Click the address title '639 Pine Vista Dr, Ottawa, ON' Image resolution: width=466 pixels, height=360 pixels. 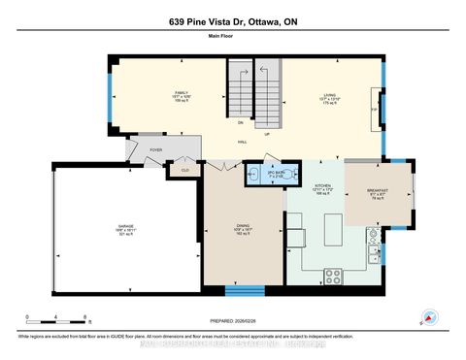point(233,23)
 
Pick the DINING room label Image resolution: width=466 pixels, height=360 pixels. point(243,229)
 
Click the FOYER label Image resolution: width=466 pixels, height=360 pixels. point(155,150)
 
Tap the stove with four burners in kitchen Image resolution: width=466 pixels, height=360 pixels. point(332,276)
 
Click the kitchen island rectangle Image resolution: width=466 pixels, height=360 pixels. point(331,235)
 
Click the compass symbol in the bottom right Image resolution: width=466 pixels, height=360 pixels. point(427,315)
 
